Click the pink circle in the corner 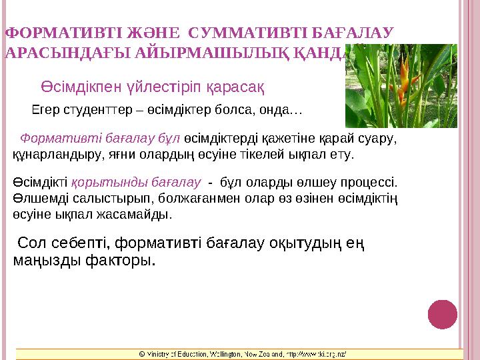[443, 314]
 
